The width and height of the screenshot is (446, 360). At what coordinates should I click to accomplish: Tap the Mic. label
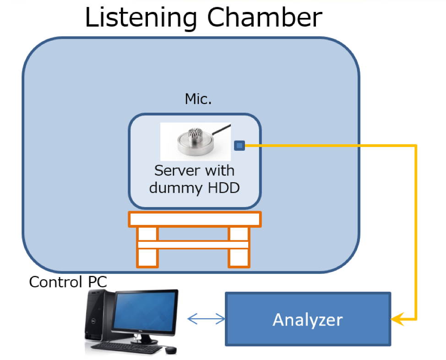pyautogui.click(x=198, y=98)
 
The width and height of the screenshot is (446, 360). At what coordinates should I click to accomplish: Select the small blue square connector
pyautogui.click(x=239, y=146)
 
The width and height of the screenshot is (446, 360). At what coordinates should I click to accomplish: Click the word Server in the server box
pyautogui.click(x=174, y=170)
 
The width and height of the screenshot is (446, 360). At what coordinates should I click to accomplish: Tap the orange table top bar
pyautogui.click(x=195, y=219)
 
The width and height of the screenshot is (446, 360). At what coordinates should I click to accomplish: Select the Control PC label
pyautogui.click(x=68, y=282)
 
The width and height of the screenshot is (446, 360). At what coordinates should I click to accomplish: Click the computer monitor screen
pyautogui.click(x=146, y=313)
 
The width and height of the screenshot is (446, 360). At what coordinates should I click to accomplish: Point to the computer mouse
pyautogui.click(x=171, y=350)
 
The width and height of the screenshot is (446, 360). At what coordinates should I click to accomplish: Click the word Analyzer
pyautogui.click(x=307, y=319)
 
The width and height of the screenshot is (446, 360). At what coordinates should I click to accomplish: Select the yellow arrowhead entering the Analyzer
pyautogui.click(x=397, y=319)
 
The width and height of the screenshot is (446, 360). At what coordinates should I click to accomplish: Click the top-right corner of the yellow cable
pyautogui.click(x=416, y=146)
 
